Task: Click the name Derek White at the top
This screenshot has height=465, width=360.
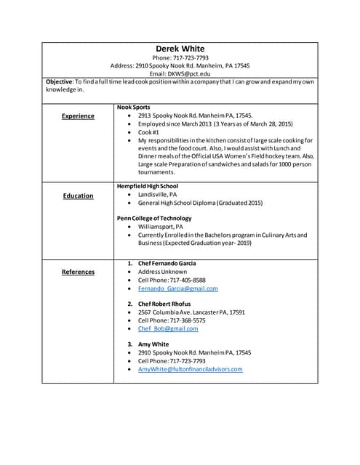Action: (x=180, y=49)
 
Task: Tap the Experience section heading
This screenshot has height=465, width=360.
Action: (x=78, y=116)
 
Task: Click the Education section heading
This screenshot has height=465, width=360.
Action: (x=78, y=195)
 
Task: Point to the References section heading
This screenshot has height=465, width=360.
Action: (x=78, y=272)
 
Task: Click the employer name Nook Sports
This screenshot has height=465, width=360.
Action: (x=134, y=107)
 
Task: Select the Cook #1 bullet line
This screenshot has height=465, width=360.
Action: (x=151, y=132)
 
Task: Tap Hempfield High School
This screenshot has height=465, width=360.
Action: (x=148, y=186)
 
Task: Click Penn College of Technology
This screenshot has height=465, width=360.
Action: (x=154, y=218)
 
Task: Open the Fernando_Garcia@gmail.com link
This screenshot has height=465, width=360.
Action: (x=177, y=288)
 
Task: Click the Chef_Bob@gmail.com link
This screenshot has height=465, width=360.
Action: (x=168, y=328)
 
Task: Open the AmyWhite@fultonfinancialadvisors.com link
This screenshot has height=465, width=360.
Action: (x=190, y=369)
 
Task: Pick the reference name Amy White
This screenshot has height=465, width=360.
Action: (x=153, y=344)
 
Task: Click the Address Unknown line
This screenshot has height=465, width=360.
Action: (x=162, y=271)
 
